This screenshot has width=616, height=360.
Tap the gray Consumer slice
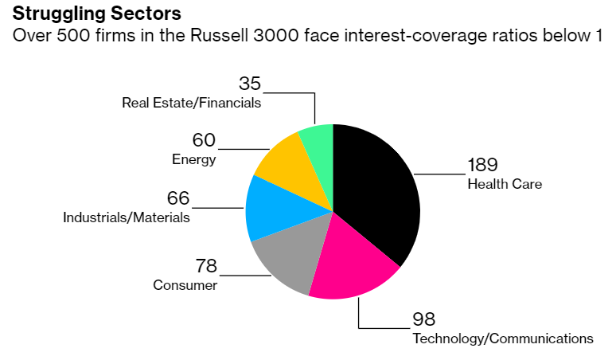tap(287, 259)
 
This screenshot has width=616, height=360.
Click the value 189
tap(482, 165)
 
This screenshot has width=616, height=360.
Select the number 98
tap(424, 319)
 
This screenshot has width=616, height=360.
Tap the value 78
tap(206, 266)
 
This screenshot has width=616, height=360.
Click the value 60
tap(204, 140)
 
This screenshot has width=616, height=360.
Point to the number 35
tap(250, 84)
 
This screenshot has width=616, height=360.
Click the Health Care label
tap(505, 184)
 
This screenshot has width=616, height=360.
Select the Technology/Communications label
tap(502, 338)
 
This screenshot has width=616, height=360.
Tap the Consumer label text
tap(185, 285)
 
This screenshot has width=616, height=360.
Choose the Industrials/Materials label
tap(127, 217)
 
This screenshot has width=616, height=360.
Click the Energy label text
tap(194, 159)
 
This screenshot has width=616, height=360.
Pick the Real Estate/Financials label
tap(191, 103)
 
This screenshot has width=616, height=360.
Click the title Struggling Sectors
tap(96, 14)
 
